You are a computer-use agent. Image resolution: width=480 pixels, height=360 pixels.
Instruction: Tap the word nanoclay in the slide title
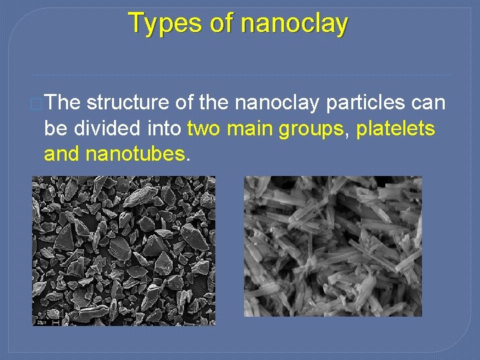click(294, 23)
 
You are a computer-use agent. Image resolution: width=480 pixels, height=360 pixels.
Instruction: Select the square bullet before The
click(37, 103)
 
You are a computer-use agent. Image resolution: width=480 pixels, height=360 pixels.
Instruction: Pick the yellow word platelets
click(396, 129)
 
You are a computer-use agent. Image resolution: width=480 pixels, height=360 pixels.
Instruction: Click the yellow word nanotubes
click(135, 154)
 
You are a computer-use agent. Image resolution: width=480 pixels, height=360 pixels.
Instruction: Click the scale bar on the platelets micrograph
click(55, 322)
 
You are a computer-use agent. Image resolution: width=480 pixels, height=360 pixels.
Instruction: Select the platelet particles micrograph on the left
click(124, 250)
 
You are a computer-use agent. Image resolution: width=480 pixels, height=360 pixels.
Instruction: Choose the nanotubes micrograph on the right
click(333, 245)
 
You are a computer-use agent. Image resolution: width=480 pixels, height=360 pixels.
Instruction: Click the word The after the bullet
click(64, 103)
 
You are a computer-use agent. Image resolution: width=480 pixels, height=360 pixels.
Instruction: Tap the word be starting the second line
click(55, 129)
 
